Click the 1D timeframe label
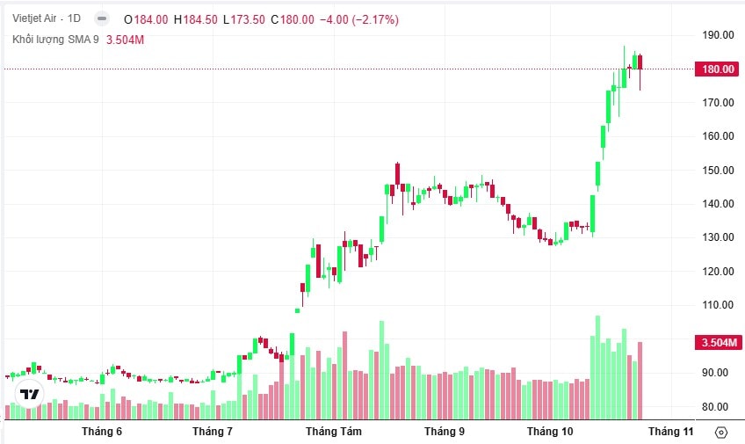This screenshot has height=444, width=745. tap(74, 18)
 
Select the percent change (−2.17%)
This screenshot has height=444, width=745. tap(375, 18)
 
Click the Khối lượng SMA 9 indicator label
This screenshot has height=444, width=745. tap(55, 40)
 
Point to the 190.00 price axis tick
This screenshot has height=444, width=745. tap(718, 35)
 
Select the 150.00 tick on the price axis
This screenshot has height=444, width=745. tap(718, 171)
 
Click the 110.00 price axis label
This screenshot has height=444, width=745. tap(718, 305)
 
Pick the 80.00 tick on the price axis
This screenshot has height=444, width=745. tap(718, 407)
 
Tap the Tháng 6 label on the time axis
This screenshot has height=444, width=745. tap(102, 432)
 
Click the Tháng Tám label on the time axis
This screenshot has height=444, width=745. tap(333, 432)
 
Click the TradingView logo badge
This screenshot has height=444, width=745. tap(30, 394)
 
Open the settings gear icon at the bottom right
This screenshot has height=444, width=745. tap(721, 432)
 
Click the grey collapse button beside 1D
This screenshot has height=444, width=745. tap(102, 18)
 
